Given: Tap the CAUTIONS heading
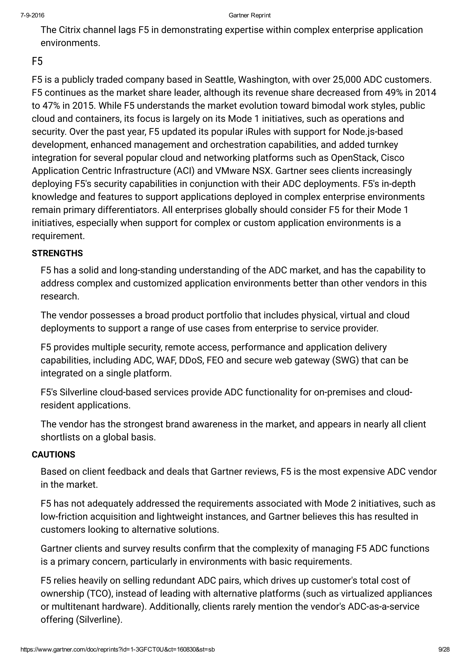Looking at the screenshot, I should (53, 455).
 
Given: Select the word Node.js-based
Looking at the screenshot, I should (373, 132).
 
